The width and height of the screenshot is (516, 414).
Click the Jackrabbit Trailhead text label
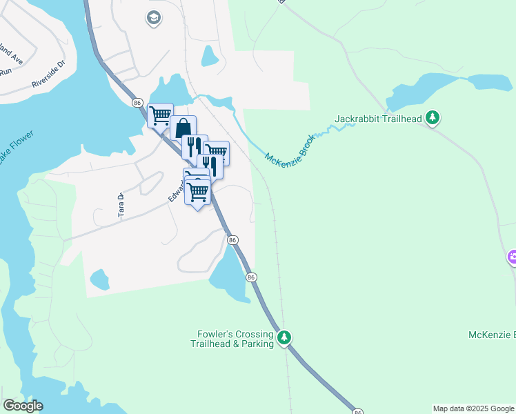[377, 119]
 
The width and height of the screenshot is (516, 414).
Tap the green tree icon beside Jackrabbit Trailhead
[433, 118]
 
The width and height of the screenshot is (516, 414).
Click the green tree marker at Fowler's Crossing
[284, 338]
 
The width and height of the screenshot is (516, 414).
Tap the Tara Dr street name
[121, 206]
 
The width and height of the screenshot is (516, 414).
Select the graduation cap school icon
[154, 18]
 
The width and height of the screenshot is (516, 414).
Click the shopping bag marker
[183, 128]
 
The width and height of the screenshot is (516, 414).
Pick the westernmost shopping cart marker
[160, 115]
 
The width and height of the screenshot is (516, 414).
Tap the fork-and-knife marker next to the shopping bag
[194, 146]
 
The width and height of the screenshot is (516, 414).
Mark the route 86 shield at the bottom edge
[357, 411]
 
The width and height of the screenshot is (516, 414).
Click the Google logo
[23, 406]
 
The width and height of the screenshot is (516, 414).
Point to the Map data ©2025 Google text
[473, 408]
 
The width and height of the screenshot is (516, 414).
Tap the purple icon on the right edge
[512, 258]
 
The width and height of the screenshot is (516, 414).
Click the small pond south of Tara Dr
[99, 279]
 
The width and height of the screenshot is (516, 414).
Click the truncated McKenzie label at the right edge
[491, 335]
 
